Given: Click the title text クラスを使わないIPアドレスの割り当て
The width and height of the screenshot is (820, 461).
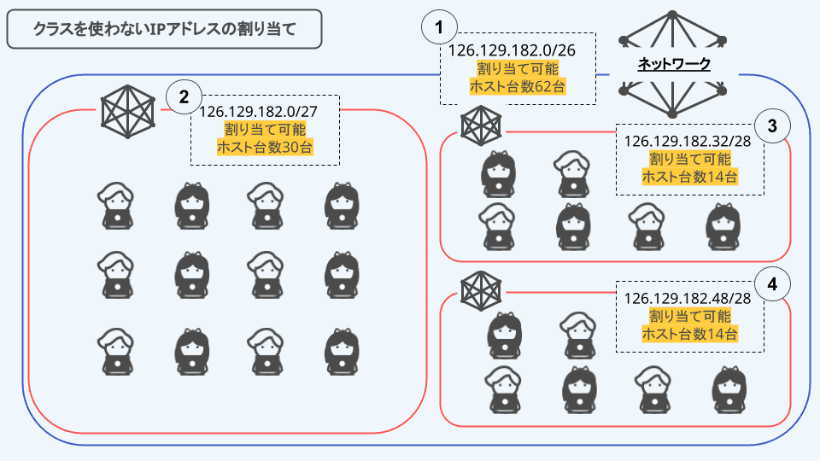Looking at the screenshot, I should (x=164, y=29).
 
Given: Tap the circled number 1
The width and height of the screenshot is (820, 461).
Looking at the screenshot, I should (x=439, y=27).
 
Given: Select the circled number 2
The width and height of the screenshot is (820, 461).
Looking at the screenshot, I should (x=183, y=96).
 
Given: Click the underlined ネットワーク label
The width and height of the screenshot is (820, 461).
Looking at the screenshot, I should (x=675, y=65).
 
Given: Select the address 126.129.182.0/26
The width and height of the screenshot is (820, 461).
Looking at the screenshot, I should (x=512, y=51).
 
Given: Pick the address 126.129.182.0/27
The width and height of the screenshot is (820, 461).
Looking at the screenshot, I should (x=264, y=112).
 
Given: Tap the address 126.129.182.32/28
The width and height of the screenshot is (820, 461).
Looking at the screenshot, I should (x=688, y=142).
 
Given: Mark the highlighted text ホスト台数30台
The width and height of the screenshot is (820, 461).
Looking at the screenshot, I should (x=264, y=148).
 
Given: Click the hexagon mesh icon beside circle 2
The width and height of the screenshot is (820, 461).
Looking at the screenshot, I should (x=126, y=109).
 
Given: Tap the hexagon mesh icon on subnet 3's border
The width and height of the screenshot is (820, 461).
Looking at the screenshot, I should (x=479, y=125).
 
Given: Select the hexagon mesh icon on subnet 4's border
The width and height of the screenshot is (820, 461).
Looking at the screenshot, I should (x=479, y=292).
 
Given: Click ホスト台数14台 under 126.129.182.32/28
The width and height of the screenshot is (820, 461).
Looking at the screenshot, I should (x=689, y=178).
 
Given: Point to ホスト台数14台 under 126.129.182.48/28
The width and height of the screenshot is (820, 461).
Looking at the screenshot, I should (x=689, y=334).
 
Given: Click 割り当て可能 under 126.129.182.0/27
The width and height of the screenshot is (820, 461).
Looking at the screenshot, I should (x=264, y=130).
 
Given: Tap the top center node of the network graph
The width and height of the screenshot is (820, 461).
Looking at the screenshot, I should (x=672, y=15).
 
